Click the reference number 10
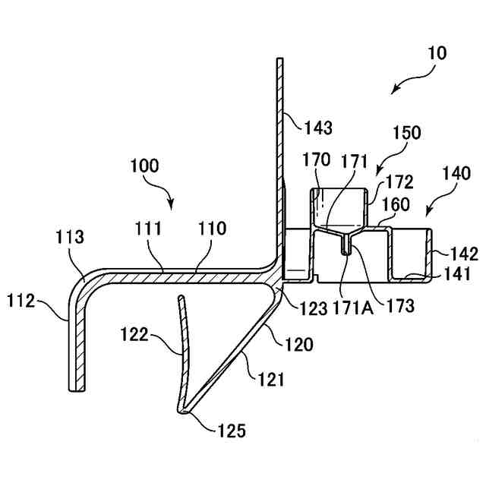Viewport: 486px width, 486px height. [x=437, y=54]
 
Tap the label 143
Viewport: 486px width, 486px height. [x=317, y=128]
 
